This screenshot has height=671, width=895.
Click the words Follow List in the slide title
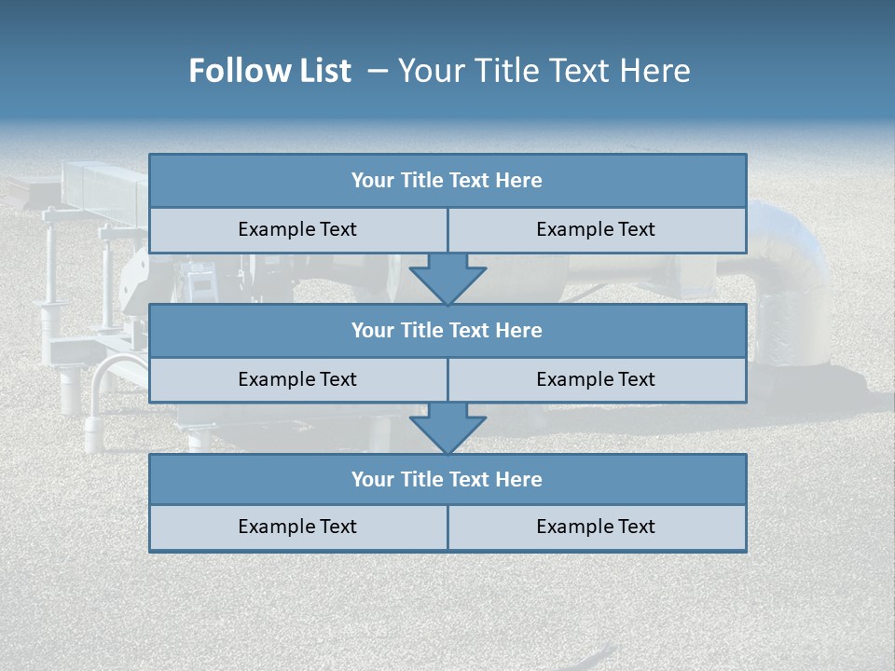point(269,71)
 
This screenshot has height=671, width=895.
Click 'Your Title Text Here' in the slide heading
point(544,71)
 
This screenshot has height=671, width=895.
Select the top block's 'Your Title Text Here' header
point(447,181)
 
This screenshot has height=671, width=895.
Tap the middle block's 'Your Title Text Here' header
point(447,330)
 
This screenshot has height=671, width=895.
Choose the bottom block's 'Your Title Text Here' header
point(447,479)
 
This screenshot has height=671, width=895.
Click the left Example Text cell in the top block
point(297,229)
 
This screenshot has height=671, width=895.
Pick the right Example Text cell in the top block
point(596,229)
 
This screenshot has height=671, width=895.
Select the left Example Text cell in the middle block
point(297,379)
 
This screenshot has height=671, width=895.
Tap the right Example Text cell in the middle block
point(596,379)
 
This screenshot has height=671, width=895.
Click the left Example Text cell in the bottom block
point(297,527)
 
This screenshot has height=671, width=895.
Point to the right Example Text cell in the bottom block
point(596,527)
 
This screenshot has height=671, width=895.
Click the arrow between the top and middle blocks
point(447,279)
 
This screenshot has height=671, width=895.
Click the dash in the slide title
point(378,71)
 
